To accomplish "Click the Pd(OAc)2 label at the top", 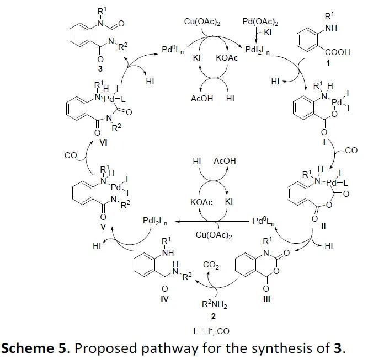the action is click(260, 22).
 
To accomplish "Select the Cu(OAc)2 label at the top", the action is click(202, 22).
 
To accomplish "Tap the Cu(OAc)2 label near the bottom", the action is click(214, 235).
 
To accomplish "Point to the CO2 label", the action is click(211, 265).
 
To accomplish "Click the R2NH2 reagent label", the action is click(214, 304).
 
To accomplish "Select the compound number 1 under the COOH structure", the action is click(328, 63).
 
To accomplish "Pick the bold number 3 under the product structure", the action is click(100, 69).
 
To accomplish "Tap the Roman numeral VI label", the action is click(103, 142).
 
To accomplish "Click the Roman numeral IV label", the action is click(164, 299).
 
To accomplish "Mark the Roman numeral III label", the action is click(266, 299).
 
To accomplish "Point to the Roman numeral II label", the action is click(323, 226).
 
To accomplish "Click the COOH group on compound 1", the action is click(338, 52).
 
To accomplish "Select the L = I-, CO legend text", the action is click(211, 331).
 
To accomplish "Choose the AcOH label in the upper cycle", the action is click(202, 99).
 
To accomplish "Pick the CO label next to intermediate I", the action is click(351, 151).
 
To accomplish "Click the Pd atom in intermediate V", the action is click(116, 187).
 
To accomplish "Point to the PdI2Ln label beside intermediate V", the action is click(155, 221).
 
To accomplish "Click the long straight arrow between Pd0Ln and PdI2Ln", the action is click(212, 222).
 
